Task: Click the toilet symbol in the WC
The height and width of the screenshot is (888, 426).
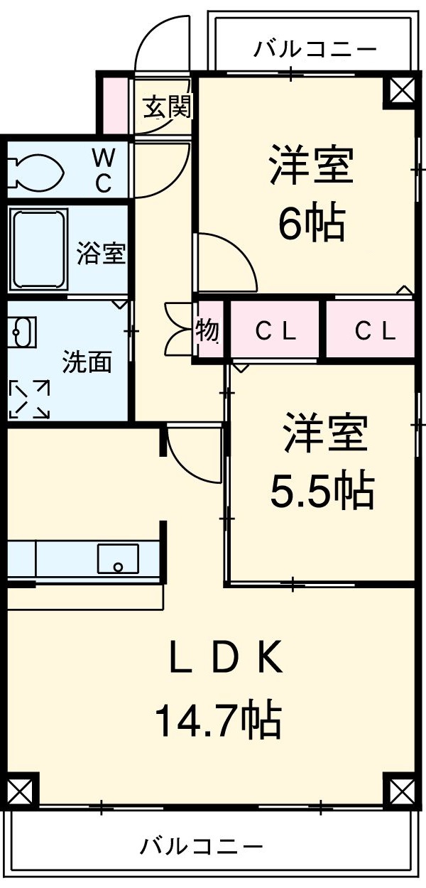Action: point(35,171)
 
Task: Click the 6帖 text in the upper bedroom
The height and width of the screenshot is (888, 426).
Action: point(310,224)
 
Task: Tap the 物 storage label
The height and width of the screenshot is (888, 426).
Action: point(207,330)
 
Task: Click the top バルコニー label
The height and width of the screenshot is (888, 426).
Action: point(315,49)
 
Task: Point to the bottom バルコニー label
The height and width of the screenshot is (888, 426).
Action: point(201,846)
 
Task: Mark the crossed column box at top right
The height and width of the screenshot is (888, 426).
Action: point(400,90)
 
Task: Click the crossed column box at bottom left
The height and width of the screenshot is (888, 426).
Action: point(21,789)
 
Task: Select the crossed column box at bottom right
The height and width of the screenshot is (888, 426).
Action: point(400,789)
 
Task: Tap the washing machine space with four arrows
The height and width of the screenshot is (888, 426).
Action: point(29,399)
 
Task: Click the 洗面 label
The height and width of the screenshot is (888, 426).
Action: point(87,362)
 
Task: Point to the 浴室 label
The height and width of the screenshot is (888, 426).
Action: point(102,254)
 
